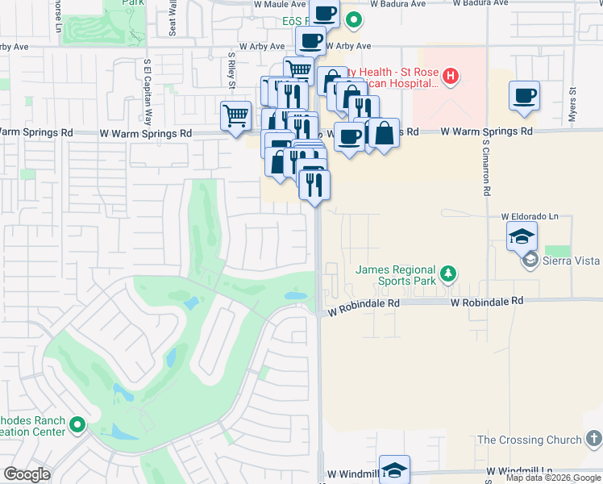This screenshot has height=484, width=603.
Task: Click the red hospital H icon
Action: (451, 77)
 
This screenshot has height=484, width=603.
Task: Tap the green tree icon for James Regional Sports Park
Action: (449, 275)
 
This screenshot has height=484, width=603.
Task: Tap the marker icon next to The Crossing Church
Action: (593, 440)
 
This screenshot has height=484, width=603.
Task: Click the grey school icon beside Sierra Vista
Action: (530, 260)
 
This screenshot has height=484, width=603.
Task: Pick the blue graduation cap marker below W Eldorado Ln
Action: (522, 236)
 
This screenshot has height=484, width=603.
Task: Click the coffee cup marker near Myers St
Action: (524, 96)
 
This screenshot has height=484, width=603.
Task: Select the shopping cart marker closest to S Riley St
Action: (235, 115)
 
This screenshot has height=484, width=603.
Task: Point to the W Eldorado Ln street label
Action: (534, 217)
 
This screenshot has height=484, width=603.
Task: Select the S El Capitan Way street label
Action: (148, 83)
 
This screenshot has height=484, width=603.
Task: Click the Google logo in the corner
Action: (27, 474)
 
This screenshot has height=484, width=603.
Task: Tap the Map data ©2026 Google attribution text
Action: (553, 478)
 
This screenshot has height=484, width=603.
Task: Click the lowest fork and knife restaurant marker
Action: (314, 185)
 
